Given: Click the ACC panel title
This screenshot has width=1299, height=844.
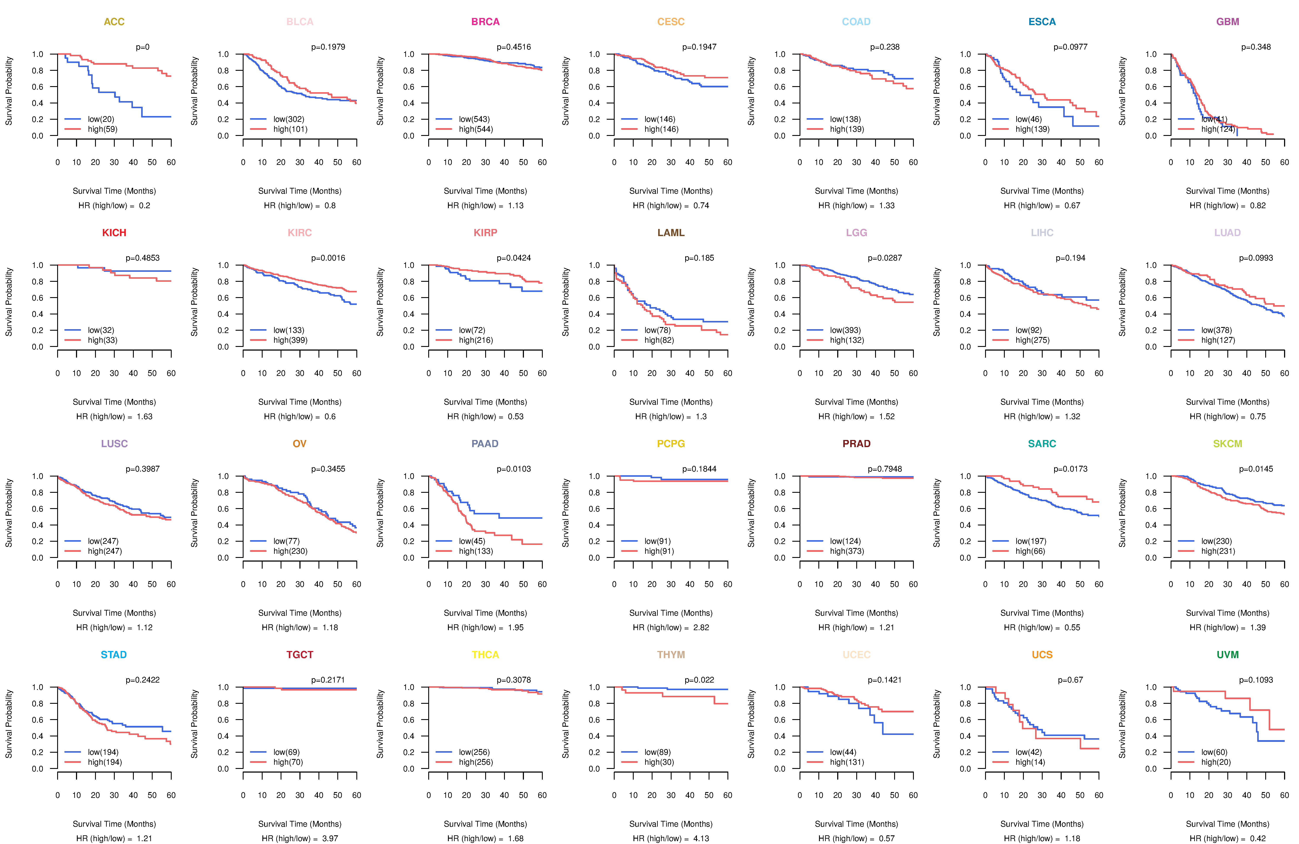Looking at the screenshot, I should point(114,22).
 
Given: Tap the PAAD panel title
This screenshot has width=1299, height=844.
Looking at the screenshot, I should point(485,444).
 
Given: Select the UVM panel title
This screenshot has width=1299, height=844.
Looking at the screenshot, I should point(1228,655).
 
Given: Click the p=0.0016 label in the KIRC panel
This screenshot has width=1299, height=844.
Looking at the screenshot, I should point(328,258).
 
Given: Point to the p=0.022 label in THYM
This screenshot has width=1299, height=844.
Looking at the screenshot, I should point(699,680).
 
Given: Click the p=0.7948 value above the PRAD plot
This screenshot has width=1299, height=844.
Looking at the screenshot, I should point(885,469).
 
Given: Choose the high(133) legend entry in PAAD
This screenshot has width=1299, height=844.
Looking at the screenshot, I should point(475,551).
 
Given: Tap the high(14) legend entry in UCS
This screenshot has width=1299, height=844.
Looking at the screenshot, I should point(1030,762).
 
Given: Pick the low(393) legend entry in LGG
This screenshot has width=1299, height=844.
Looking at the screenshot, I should point(845,330).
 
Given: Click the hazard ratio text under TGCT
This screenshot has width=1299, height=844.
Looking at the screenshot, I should point(300,839).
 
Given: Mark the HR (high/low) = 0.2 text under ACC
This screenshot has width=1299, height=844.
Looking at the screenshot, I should point(114,206).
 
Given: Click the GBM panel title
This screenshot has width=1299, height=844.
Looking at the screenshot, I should point(1228,22).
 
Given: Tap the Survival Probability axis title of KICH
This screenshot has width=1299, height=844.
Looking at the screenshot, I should point(9,302).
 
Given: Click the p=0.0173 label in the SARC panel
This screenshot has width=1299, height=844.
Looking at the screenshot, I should point(1070,469).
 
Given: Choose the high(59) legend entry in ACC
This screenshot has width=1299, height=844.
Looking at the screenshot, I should point(102,129).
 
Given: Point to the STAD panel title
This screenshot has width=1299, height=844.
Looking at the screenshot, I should point(113,655).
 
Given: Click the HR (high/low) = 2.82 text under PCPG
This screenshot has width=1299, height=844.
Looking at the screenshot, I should point(671,627).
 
